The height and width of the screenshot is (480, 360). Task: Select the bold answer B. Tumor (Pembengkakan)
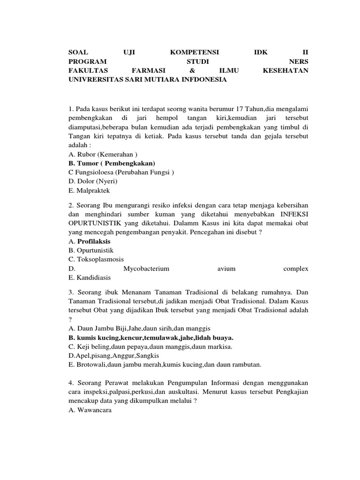(112, 163)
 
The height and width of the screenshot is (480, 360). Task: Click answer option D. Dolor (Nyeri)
(93, 181)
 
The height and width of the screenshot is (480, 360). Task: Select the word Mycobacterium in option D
(146, 269)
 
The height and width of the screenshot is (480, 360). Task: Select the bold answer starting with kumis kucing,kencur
(151, 337)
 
